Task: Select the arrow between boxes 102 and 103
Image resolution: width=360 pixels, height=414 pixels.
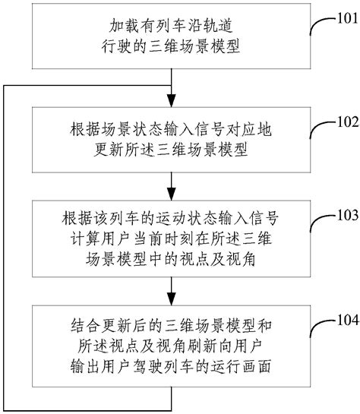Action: click(x=173, y=188)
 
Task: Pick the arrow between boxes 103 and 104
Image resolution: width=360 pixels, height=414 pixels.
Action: click(x=173, y=293)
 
